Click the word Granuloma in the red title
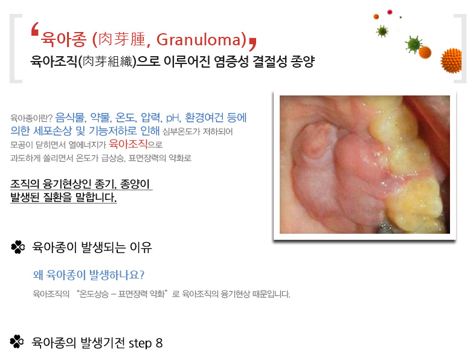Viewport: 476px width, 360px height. pos(198,39)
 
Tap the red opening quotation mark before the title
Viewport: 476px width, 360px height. pos(35,30)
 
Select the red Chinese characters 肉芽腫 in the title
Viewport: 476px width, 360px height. pos(123,39)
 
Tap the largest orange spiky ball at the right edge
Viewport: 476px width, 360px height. pos(451,60)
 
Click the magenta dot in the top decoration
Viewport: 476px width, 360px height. pos(390,12)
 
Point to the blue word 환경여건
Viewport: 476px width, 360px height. pos(204,117)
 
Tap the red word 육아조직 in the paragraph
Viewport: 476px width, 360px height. pos(128,144)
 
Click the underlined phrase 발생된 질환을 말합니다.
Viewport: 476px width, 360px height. pos(63,198)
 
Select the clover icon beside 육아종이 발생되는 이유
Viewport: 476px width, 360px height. pos(18,247)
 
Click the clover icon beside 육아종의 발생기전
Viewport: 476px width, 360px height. pos(17,341)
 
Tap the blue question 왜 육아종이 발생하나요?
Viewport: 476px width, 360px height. pos(89,275)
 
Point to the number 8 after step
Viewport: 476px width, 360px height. pos(159,343)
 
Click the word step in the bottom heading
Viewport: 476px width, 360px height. pos(140,343)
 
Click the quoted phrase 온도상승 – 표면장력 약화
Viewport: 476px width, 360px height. pos(123,294)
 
